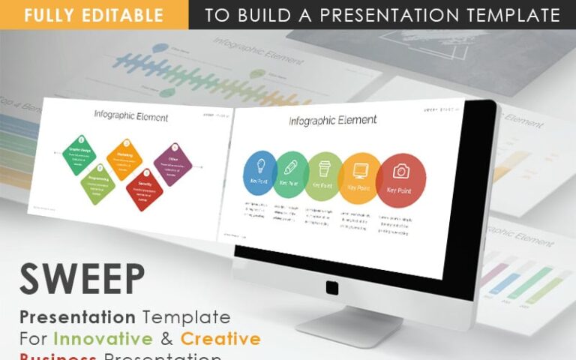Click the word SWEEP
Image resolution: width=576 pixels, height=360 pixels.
82,279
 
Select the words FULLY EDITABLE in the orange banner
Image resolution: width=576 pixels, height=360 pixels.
94,15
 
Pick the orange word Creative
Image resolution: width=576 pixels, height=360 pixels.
220,338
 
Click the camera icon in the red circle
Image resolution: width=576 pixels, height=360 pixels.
400,171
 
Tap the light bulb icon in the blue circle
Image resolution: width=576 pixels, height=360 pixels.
260,166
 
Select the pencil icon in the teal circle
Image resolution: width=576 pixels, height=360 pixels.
291,166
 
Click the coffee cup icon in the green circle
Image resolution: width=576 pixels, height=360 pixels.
324,168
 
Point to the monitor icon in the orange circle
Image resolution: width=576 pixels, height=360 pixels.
360,169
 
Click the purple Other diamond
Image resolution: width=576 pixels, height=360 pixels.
172,163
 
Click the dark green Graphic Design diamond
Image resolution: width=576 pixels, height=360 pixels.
79,154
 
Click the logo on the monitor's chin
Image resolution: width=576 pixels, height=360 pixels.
332,287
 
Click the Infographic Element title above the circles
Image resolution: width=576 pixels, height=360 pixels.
332,120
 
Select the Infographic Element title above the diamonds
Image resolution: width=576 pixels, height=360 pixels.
130,116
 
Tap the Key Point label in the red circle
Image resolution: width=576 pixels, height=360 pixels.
399,190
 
